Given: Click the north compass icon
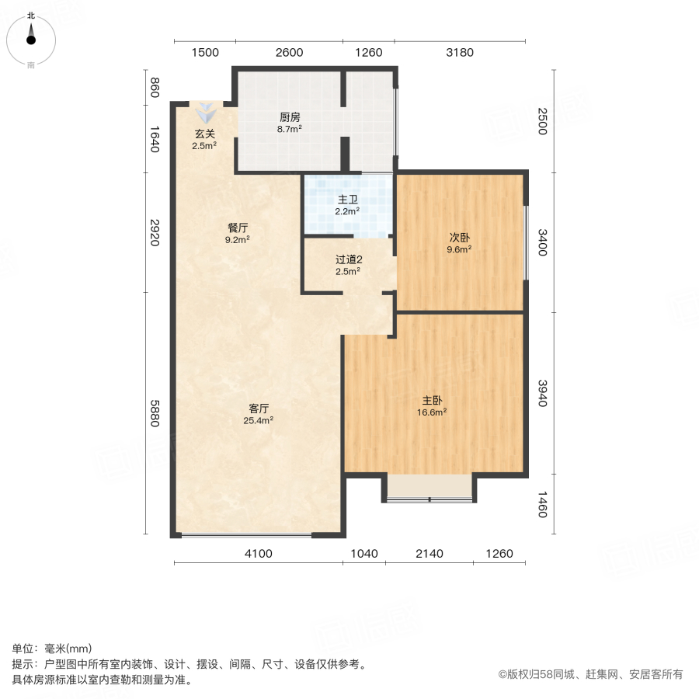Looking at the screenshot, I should (x=31, y=36).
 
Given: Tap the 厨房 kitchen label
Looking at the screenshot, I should (x=290, y=118).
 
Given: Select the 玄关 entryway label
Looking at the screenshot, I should (x=204, y=134).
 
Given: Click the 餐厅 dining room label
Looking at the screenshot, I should (x=238, y=228).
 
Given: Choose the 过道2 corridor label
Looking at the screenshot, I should (x=347, y=260).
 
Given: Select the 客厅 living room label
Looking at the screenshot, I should (x=259, y=409).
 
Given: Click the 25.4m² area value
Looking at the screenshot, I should (x=259, y=421).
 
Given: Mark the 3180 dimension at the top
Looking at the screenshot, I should (x=460, y=53).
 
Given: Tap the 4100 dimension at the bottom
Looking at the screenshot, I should (x=259, y=554).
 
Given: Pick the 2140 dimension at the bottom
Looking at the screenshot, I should (x=429, y=554).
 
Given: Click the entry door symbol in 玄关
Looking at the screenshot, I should (x=205, y=110).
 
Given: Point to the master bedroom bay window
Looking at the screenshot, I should (x=429, y=489).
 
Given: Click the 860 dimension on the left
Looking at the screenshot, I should (x=154, y=88).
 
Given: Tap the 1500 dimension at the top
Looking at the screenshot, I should (x=204, y=53).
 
